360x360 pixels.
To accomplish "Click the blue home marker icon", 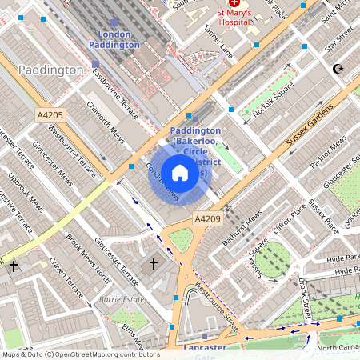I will [180, 173].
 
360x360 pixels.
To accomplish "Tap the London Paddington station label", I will [118, 39].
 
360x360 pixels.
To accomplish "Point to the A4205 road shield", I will [50, 116].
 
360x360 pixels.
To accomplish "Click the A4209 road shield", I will [206, 218].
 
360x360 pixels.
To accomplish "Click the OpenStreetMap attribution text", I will [81, 354].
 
